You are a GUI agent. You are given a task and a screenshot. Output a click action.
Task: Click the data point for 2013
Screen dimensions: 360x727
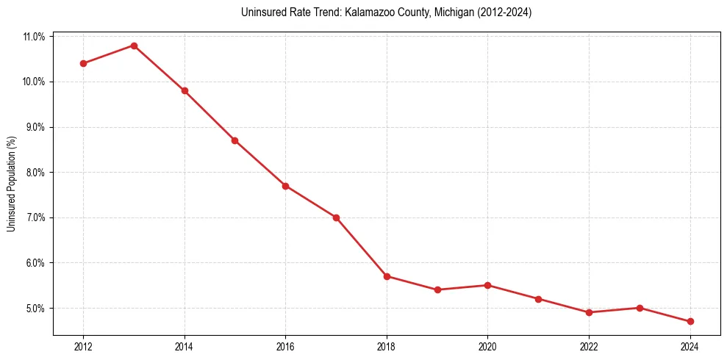134,46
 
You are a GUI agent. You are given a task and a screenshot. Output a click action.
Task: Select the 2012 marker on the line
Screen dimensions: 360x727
83,63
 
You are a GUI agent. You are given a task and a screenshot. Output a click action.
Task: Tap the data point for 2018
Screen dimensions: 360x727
387,276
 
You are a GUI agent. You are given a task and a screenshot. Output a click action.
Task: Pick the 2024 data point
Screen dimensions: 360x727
690,321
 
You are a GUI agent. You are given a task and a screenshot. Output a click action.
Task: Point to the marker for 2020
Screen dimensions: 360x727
488,285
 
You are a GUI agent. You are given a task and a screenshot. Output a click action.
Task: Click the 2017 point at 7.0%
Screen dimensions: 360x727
336,217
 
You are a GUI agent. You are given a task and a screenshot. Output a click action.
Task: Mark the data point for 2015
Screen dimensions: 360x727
234,140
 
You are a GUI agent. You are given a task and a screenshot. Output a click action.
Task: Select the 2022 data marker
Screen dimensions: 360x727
589,312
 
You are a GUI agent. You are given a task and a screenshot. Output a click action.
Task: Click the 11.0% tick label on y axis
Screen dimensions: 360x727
35,36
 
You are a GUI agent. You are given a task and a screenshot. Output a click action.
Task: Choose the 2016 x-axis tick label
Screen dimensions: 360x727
285,347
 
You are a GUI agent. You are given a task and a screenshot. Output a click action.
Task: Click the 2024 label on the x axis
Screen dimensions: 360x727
690,347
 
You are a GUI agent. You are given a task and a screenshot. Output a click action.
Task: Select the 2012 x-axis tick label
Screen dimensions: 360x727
83,347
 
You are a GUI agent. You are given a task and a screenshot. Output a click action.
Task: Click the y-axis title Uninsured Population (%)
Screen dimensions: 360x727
11,184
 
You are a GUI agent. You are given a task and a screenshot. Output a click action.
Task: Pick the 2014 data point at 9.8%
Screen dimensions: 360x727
185,90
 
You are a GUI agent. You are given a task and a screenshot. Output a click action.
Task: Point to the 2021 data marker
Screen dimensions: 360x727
538,299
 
